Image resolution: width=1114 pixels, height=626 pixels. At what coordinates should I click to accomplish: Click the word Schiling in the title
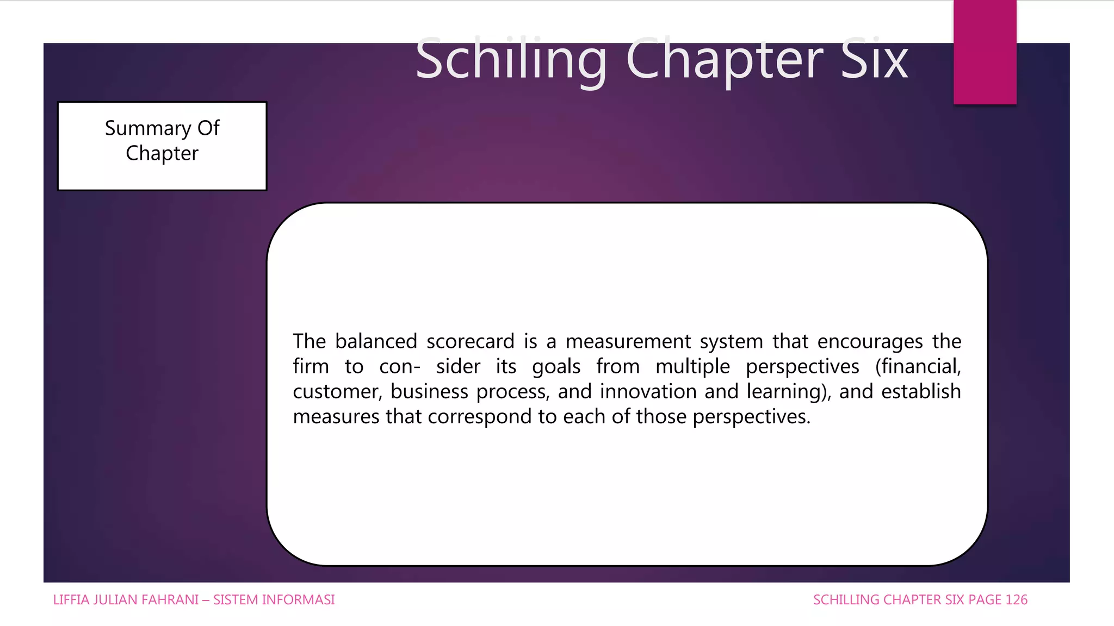coord(510,60)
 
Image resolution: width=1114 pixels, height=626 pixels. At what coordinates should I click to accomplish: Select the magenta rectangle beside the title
coord(985,52)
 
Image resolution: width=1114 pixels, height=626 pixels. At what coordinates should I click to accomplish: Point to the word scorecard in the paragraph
coord(470,342)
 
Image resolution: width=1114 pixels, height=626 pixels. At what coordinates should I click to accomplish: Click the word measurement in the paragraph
coord(627,342)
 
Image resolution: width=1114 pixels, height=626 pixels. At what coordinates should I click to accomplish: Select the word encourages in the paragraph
coord(870,342)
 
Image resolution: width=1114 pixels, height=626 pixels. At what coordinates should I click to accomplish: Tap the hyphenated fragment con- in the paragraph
coord(400,367)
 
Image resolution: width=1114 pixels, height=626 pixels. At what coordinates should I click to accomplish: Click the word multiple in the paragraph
coord(692,367)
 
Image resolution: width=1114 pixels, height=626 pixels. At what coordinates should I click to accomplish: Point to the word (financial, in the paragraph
coord(918,367)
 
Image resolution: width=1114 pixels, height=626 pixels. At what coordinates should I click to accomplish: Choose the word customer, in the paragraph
coord(337,392)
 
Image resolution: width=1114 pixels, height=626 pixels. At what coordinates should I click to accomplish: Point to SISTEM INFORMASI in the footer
coord(274,600)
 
